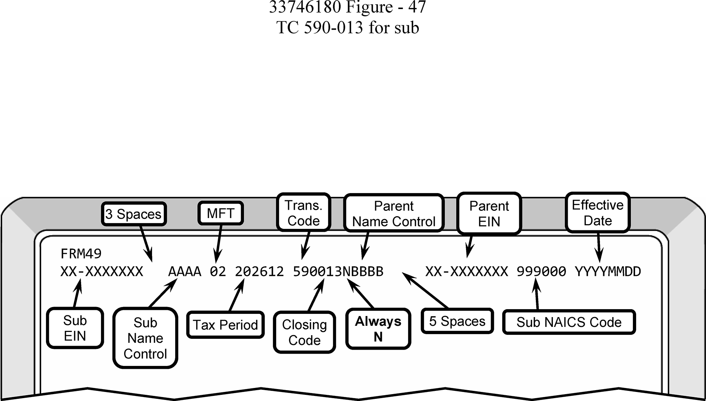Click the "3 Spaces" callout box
[134, 214]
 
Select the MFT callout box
[220, 213]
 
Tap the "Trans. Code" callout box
[304, 213]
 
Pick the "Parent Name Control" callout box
[394, 213]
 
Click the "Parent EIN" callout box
[489, 213]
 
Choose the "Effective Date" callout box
[597, 213]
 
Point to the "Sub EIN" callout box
[75, 328]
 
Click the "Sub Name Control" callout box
[145, 338]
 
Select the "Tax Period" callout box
[225, 325]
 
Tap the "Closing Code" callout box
[304, 332]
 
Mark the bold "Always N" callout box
[378, 329]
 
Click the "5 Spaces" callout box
[457, 321]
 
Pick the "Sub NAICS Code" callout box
[569, 322]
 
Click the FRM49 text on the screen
[81, 254]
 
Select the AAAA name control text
[185, 272]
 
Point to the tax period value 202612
[259, 272]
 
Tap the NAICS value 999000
[541, 272]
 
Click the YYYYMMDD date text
[608, 272]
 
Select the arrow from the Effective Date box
[599, 247]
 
